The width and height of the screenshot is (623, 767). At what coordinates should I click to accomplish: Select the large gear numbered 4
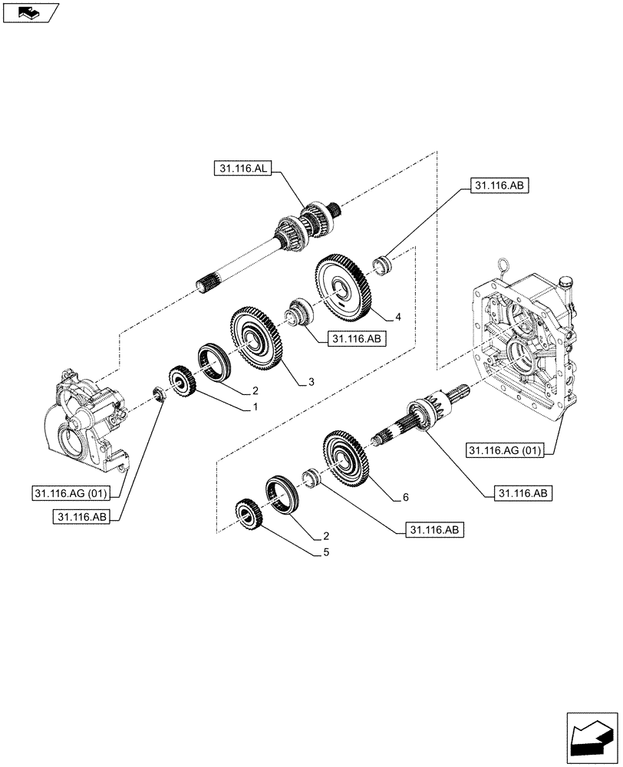pyautogui.click(x=342, y=288)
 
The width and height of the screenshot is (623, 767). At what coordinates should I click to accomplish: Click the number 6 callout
pyautogui.click(x=404, y=497)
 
